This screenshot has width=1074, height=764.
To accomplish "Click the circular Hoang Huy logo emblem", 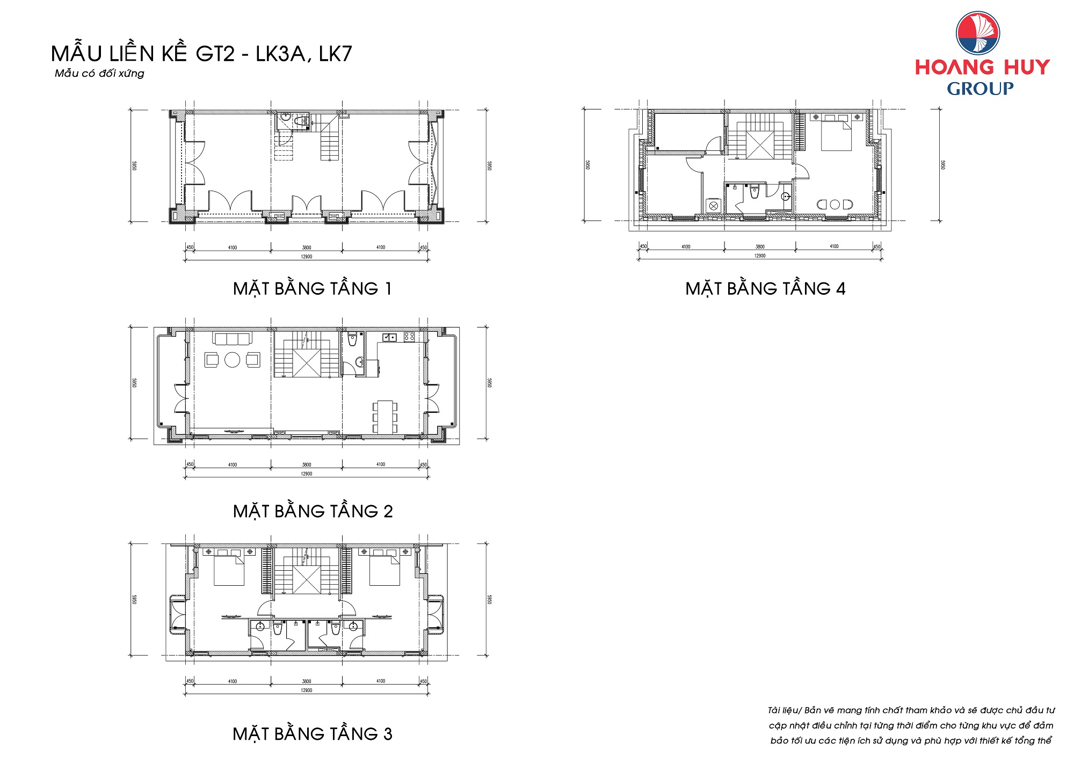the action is pos(978,33).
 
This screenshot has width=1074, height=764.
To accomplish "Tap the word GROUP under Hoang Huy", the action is pos(980,89).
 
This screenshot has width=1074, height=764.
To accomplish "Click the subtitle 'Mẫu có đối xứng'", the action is pos(99,74).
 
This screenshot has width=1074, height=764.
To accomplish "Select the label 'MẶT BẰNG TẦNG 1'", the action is pos(313,288).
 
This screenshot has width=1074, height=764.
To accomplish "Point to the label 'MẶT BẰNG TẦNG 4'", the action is pos(765,288).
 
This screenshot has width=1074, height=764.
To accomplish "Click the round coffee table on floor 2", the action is pos(232,360).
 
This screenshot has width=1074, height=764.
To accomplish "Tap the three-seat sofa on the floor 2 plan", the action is pos(233,338).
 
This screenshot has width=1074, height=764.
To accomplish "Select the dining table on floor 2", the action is pos(385,417).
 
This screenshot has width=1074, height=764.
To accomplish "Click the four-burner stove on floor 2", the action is pos(409,337).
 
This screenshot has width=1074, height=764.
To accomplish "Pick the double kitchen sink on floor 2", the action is pos(389,337).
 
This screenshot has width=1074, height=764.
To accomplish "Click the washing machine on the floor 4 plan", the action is pos(714,206).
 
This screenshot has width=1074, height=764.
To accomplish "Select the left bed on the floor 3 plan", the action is pos(229,570).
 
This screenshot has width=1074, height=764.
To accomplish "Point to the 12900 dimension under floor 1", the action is pos(307,257).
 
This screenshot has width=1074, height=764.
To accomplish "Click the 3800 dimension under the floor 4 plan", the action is pos(760,247).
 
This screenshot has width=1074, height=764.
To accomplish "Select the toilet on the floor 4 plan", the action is pos(754,191).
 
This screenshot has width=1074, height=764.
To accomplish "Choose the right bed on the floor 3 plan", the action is pos(385,570).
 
